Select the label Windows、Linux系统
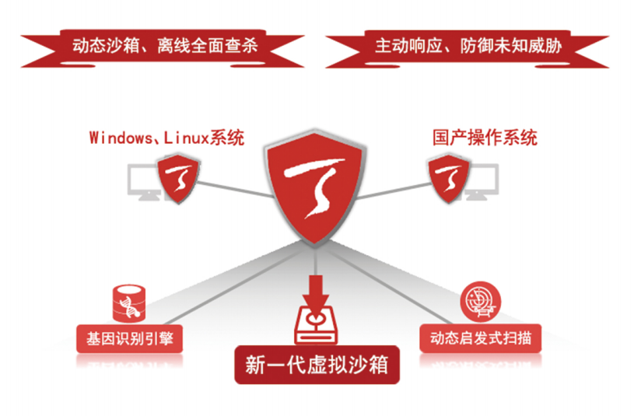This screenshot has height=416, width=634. (x=166, y=138)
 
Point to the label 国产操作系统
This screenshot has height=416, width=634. (x=485, y=138)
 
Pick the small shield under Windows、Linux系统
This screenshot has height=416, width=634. (x=177, y=177)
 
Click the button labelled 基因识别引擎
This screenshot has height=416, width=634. (x=130, y=339)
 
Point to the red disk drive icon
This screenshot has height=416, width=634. (x=317, y=326)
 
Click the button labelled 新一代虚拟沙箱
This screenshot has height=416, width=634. (x=317, y=365)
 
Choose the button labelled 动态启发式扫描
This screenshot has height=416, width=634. (x=480, y=339)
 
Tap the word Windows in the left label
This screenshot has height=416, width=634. (x=117, y=138)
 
